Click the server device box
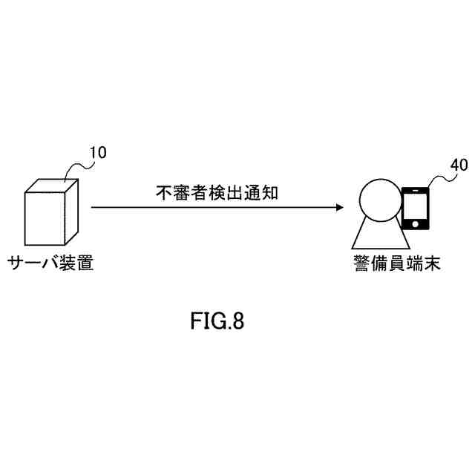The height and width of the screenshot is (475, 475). [x=47, y=215]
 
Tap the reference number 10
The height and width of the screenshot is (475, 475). [x=97, y=153]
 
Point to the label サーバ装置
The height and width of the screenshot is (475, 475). [x=50, y=263]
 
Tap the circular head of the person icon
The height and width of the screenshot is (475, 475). [x=379, y=200]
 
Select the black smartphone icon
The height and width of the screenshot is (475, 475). [x=416, y=209]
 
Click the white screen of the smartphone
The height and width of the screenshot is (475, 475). [x=416, y=206]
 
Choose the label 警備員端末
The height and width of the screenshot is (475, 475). [x=396, y=263]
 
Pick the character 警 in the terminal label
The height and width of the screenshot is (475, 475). [x=361, y=263]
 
